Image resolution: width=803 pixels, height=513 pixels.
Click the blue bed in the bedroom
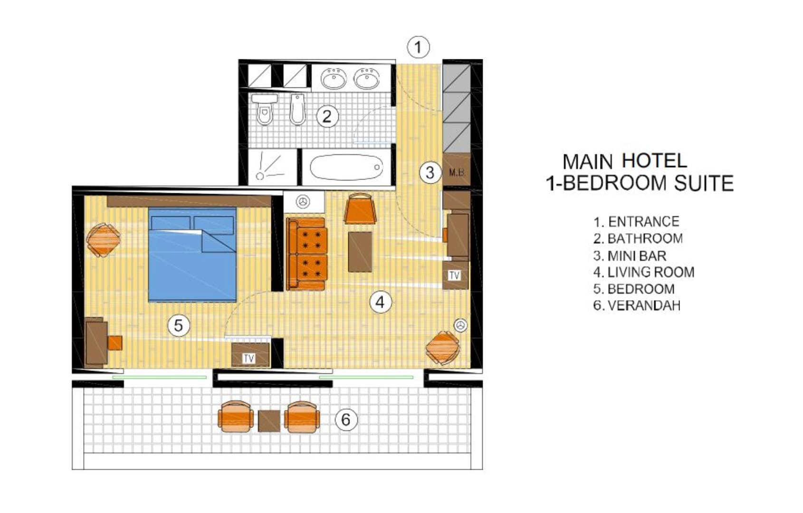tap(192, 255)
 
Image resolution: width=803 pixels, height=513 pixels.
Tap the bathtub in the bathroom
tap(346, 167)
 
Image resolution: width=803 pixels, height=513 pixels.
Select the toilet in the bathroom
tap(265, 109)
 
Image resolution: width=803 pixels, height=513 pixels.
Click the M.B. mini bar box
tap(457, 172)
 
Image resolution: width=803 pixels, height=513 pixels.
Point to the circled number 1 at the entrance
tap(418, 47)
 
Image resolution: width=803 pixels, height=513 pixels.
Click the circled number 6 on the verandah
tap(346, 419)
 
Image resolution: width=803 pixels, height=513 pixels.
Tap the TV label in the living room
tap(455, 275)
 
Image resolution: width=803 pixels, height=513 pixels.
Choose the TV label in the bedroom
tap(249, 358)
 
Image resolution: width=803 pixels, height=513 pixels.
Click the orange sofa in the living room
tap(307, 254)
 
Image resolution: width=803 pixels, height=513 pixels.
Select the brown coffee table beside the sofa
tap(360, 252)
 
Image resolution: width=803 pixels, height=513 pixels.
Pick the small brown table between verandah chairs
tap(269, 421)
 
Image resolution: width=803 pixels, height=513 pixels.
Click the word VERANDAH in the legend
tap(644, 305)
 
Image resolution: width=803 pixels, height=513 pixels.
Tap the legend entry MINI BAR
tap(637, 256)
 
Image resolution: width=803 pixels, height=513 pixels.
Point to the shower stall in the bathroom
tap(273, 167)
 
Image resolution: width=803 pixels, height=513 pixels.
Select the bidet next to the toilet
tap(297, 109)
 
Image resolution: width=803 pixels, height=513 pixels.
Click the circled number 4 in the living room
tap(380, 302)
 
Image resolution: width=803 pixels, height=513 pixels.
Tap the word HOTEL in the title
tap(655, 161)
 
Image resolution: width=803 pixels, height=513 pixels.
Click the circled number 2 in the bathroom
tap(327, 116)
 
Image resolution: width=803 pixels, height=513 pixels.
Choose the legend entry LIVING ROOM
tap(651, 272)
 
